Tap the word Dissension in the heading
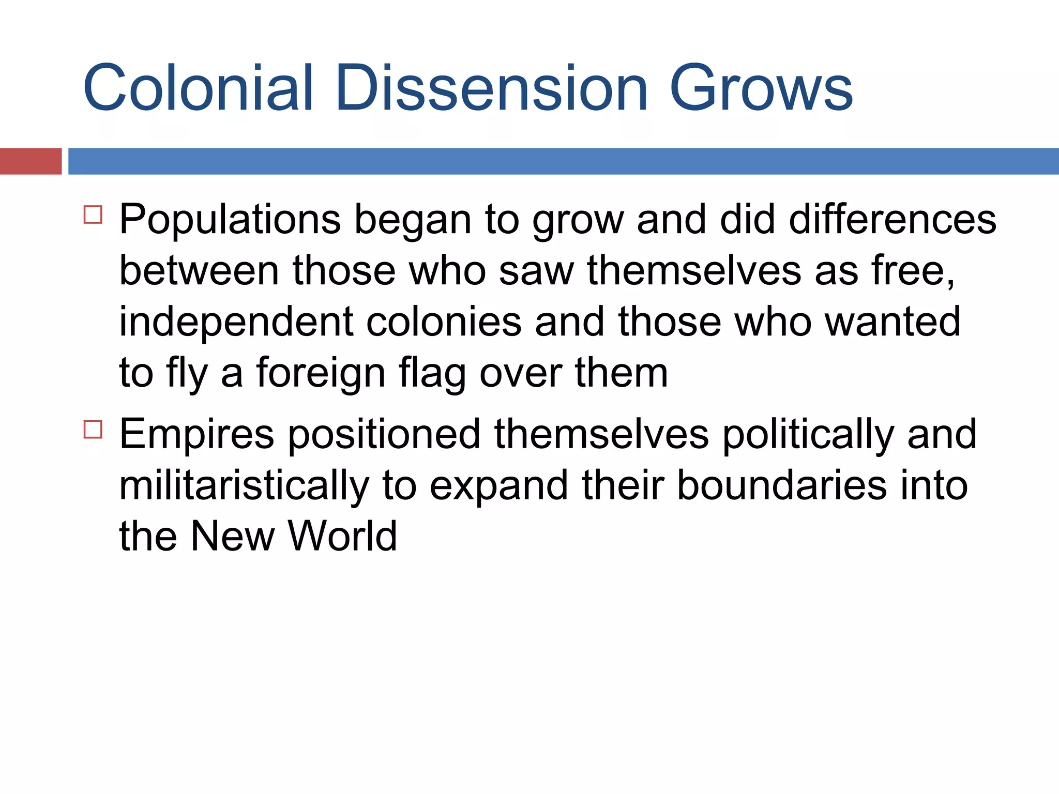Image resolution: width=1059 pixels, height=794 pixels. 491,88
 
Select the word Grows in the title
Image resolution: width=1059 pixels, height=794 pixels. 761,88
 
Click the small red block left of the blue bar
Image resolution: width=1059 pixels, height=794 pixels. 31,161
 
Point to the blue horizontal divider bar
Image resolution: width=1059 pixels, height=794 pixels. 564,161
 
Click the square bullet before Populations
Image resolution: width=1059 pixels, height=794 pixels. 93,214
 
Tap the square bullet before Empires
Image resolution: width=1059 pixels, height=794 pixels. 93,429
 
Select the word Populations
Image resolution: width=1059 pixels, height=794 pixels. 230,220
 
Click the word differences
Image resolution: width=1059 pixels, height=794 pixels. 892,220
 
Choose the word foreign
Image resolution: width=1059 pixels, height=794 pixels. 321,373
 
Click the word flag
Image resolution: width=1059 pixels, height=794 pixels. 432,373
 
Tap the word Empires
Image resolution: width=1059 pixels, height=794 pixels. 196,434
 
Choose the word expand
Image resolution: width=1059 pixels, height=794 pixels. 499,486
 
